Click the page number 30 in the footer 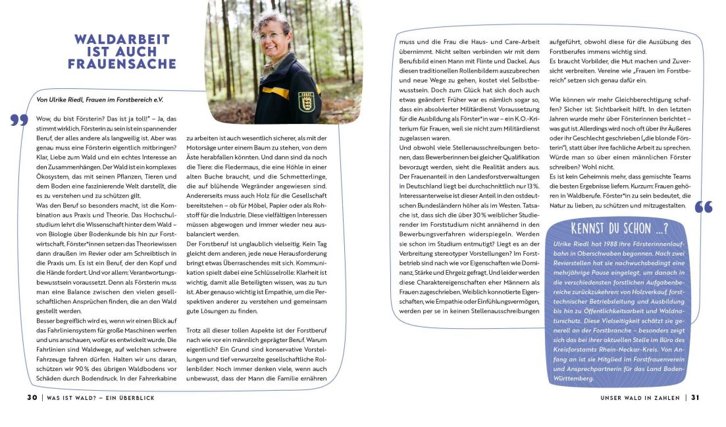pyautogui.click(x=32, y=397)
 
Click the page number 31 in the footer pyautogui.click(x=695, y=397)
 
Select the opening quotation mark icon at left pyautogui.click(x=19, y=120)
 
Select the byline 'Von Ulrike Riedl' pyautogui.click(x=62, y=100)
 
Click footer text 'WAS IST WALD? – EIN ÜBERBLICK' pyautogui.click(x=101, y=397)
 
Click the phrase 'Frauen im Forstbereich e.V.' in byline pyautogui.click(x=128, y=100)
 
